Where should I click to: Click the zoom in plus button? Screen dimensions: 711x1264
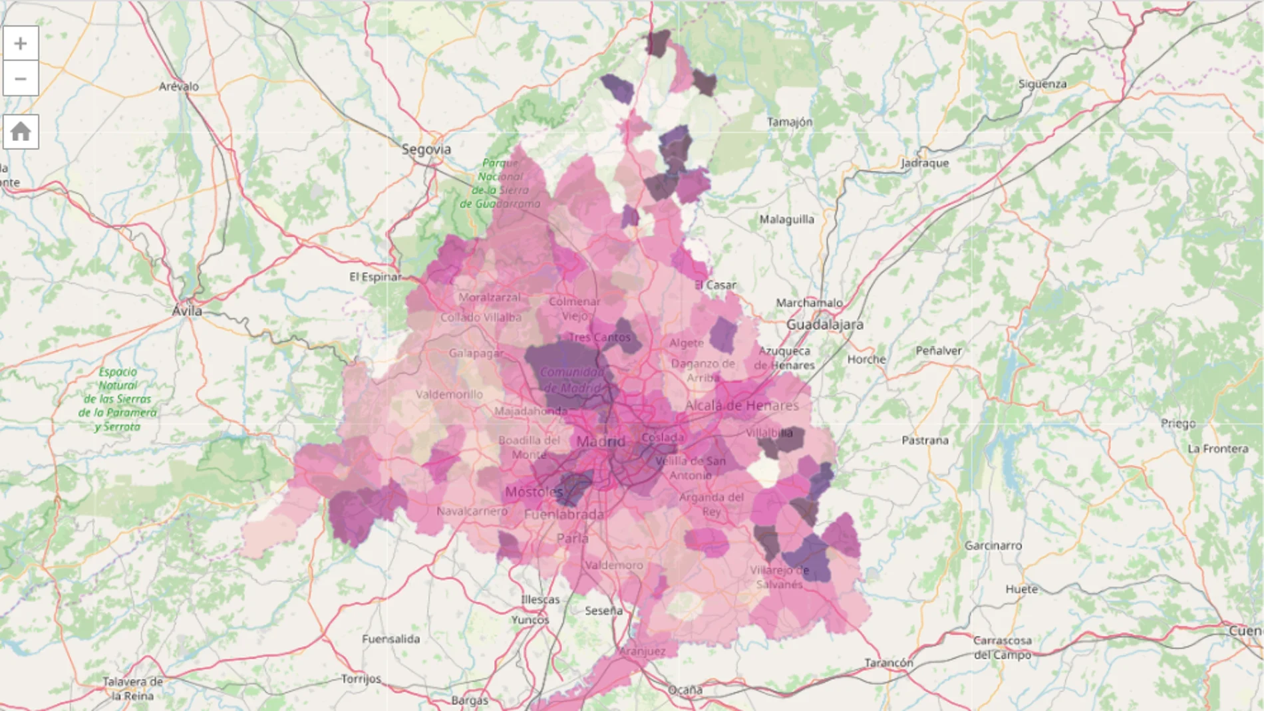click(21, 43)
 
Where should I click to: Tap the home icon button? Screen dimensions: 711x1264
click(21, 131)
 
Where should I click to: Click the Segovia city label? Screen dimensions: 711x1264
click(426, 150)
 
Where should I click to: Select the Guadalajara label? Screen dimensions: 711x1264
click(825, 325)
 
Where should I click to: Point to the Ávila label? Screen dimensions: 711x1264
click(187, 311)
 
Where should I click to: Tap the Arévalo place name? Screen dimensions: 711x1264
click(179, 86)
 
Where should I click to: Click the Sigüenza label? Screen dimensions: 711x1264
click(1042, 84)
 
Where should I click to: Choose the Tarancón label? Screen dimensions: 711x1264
click(889, 662)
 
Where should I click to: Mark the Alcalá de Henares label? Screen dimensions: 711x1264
click(742, 405)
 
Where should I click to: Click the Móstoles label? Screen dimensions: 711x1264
click(534, 492)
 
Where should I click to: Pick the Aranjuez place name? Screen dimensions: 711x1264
click(643, 651)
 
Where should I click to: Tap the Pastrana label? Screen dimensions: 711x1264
click(925, 440)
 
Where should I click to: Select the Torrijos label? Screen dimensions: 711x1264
click(361, 679)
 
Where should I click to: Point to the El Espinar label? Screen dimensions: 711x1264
click(376, 277)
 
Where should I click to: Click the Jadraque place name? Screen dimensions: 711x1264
click(925, 163)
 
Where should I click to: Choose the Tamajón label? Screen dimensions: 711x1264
click(790, 122)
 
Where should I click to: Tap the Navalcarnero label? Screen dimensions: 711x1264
click(472, 511)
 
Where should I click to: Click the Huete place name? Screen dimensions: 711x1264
click(1021, 589)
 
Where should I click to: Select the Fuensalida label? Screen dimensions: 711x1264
click(391, 639)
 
